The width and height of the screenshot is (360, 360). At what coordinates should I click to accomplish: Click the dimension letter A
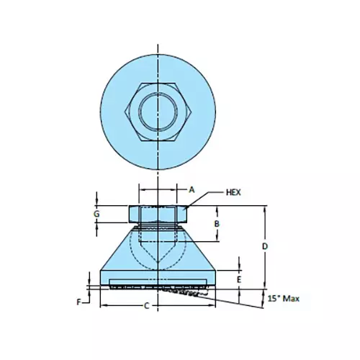pyautogui.click(x=192, y=189)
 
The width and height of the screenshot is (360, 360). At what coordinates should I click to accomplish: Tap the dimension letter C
pyautogui.click(x=147, y=307)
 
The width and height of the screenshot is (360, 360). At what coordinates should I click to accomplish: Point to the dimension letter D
pyautogui.click(x=266, y=247)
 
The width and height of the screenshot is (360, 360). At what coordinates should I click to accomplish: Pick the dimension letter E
pyautogui.click(x=240, y=279)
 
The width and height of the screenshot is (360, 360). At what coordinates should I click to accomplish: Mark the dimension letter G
pyautogui.click(x=96, y=214)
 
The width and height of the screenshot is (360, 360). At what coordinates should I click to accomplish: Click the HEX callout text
pyautogui.click(x=233, y=193)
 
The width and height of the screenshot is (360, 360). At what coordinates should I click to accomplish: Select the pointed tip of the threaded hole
pyautogui.click(x=158, y=262)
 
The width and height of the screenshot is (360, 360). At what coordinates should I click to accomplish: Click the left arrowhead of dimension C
pyautogui.click(x=102, y=306)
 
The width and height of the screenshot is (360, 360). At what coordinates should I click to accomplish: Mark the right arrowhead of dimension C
pyautogui.click(x=213, y=306)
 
